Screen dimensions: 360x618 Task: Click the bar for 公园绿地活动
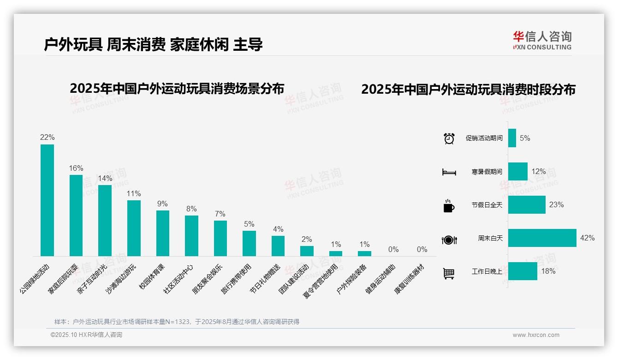click(47, 200)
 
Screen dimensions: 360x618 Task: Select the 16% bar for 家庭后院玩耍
click(76, 215)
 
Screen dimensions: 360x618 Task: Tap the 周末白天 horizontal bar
click(542, 238)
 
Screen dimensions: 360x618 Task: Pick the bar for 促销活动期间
click(512, 138)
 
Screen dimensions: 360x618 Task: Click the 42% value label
click(588, 238)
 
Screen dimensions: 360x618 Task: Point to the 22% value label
click(47, 137)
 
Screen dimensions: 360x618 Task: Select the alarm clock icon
click(449, 138)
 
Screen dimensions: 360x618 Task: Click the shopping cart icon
click(449, 274)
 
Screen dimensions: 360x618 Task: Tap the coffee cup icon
click(449, 206)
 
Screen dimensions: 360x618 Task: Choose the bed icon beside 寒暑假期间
click(449, 172)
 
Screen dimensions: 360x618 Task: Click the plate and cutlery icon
click(449, 240)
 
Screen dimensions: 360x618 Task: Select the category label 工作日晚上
click(487, 271)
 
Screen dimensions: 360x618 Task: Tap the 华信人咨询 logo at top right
click(542, 41)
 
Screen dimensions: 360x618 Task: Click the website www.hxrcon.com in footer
click(535, 335)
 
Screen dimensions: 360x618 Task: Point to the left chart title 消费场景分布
click(177, 89)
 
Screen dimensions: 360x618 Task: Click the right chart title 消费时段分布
click(468, 90)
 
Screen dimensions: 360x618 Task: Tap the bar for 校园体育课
click(163, 233)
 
